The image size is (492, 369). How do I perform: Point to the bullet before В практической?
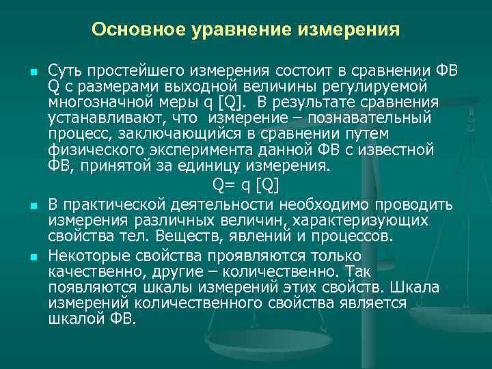(x=33, y=205)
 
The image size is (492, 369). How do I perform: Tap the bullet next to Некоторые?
(x=33, y=258)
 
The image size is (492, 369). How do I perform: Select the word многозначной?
(x=91, y=101)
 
